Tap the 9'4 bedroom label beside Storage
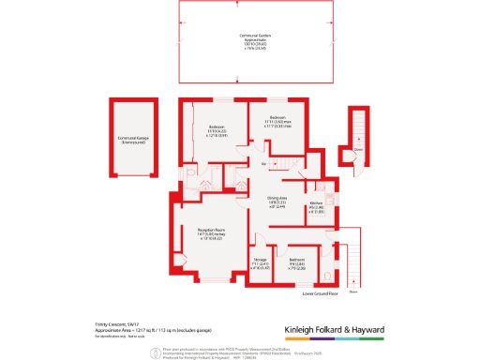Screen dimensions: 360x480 point(296,262)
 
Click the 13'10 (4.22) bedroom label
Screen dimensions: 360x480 point(217,130)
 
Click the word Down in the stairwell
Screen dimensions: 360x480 point(358,149)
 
